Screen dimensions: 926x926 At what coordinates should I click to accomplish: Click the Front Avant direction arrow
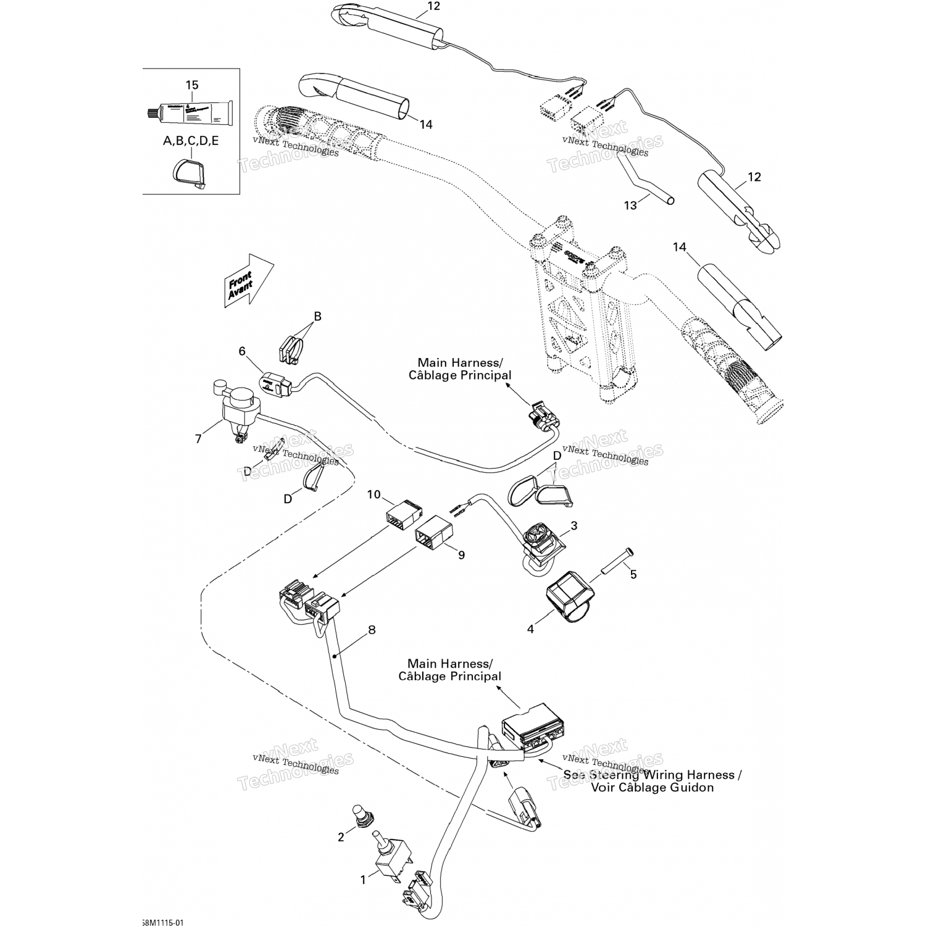click(247, 281)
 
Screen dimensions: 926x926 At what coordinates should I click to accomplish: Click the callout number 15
click(192, 85)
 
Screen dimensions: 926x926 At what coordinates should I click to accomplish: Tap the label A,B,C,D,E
click(190, 141)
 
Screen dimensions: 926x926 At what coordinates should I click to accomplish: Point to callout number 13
click(630, 205)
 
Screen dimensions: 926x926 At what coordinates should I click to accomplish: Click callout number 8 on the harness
click(372, 630)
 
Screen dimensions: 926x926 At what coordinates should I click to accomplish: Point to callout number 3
click(574, 526)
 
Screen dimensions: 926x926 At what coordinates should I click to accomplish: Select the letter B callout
click(318, 317)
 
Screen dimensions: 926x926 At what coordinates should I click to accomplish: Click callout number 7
click(198, 439)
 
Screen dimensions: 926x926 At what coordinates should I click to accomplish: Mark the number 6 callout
click(242, 351)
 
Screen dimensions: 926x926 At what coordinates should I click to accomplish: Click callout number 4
click(530, 629)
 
